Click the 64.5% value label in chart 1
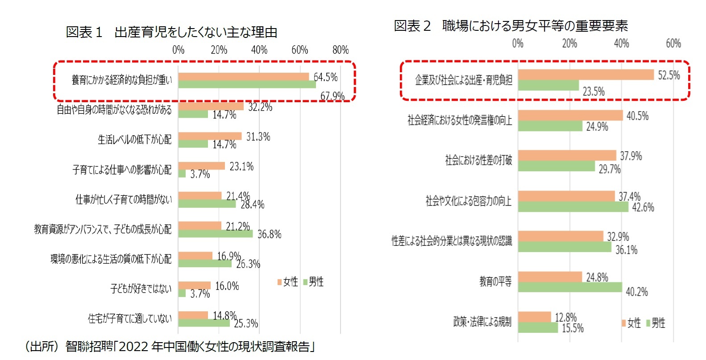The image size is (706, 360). click(325, 77)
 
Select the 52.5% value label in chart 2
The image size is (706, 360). click(669, 75)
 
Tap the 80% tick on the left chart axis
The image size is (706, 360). click(341, 50)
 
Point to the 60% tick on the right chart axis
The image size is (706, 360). click(673, 44)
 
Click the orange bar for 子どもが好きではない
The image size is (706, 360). click(194, 285)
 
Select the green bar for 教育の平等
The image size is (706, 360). click(570, 287)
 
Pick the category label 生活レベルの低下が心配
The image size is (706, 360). click(134, 140)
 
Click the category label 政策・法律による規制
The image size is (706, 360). click(482, 322)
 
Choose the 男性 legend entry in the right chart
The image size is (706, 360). click(655, 323)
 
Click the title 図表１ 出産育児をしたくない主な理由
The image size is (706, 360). click(171, 32)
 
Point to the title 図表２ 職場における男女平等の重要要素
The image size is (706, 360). click(511, 26)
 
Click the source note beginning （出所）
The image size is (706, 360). click(170, 347)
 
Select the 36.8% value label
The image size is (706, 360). click(269, 234)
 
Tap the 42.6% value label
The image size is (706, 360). click(643, 207)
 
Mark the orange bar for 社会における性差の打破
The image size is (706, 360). click(567, 155)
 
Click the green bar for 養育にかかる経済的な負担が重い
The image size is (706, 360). click(247, 84)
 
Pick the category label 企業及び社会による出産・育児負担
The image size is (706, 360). click(463, 80)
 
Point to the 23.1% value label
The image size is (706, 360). click(241, 166)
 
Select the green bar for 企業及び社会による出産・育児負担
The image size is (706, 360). click(548, 85)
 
